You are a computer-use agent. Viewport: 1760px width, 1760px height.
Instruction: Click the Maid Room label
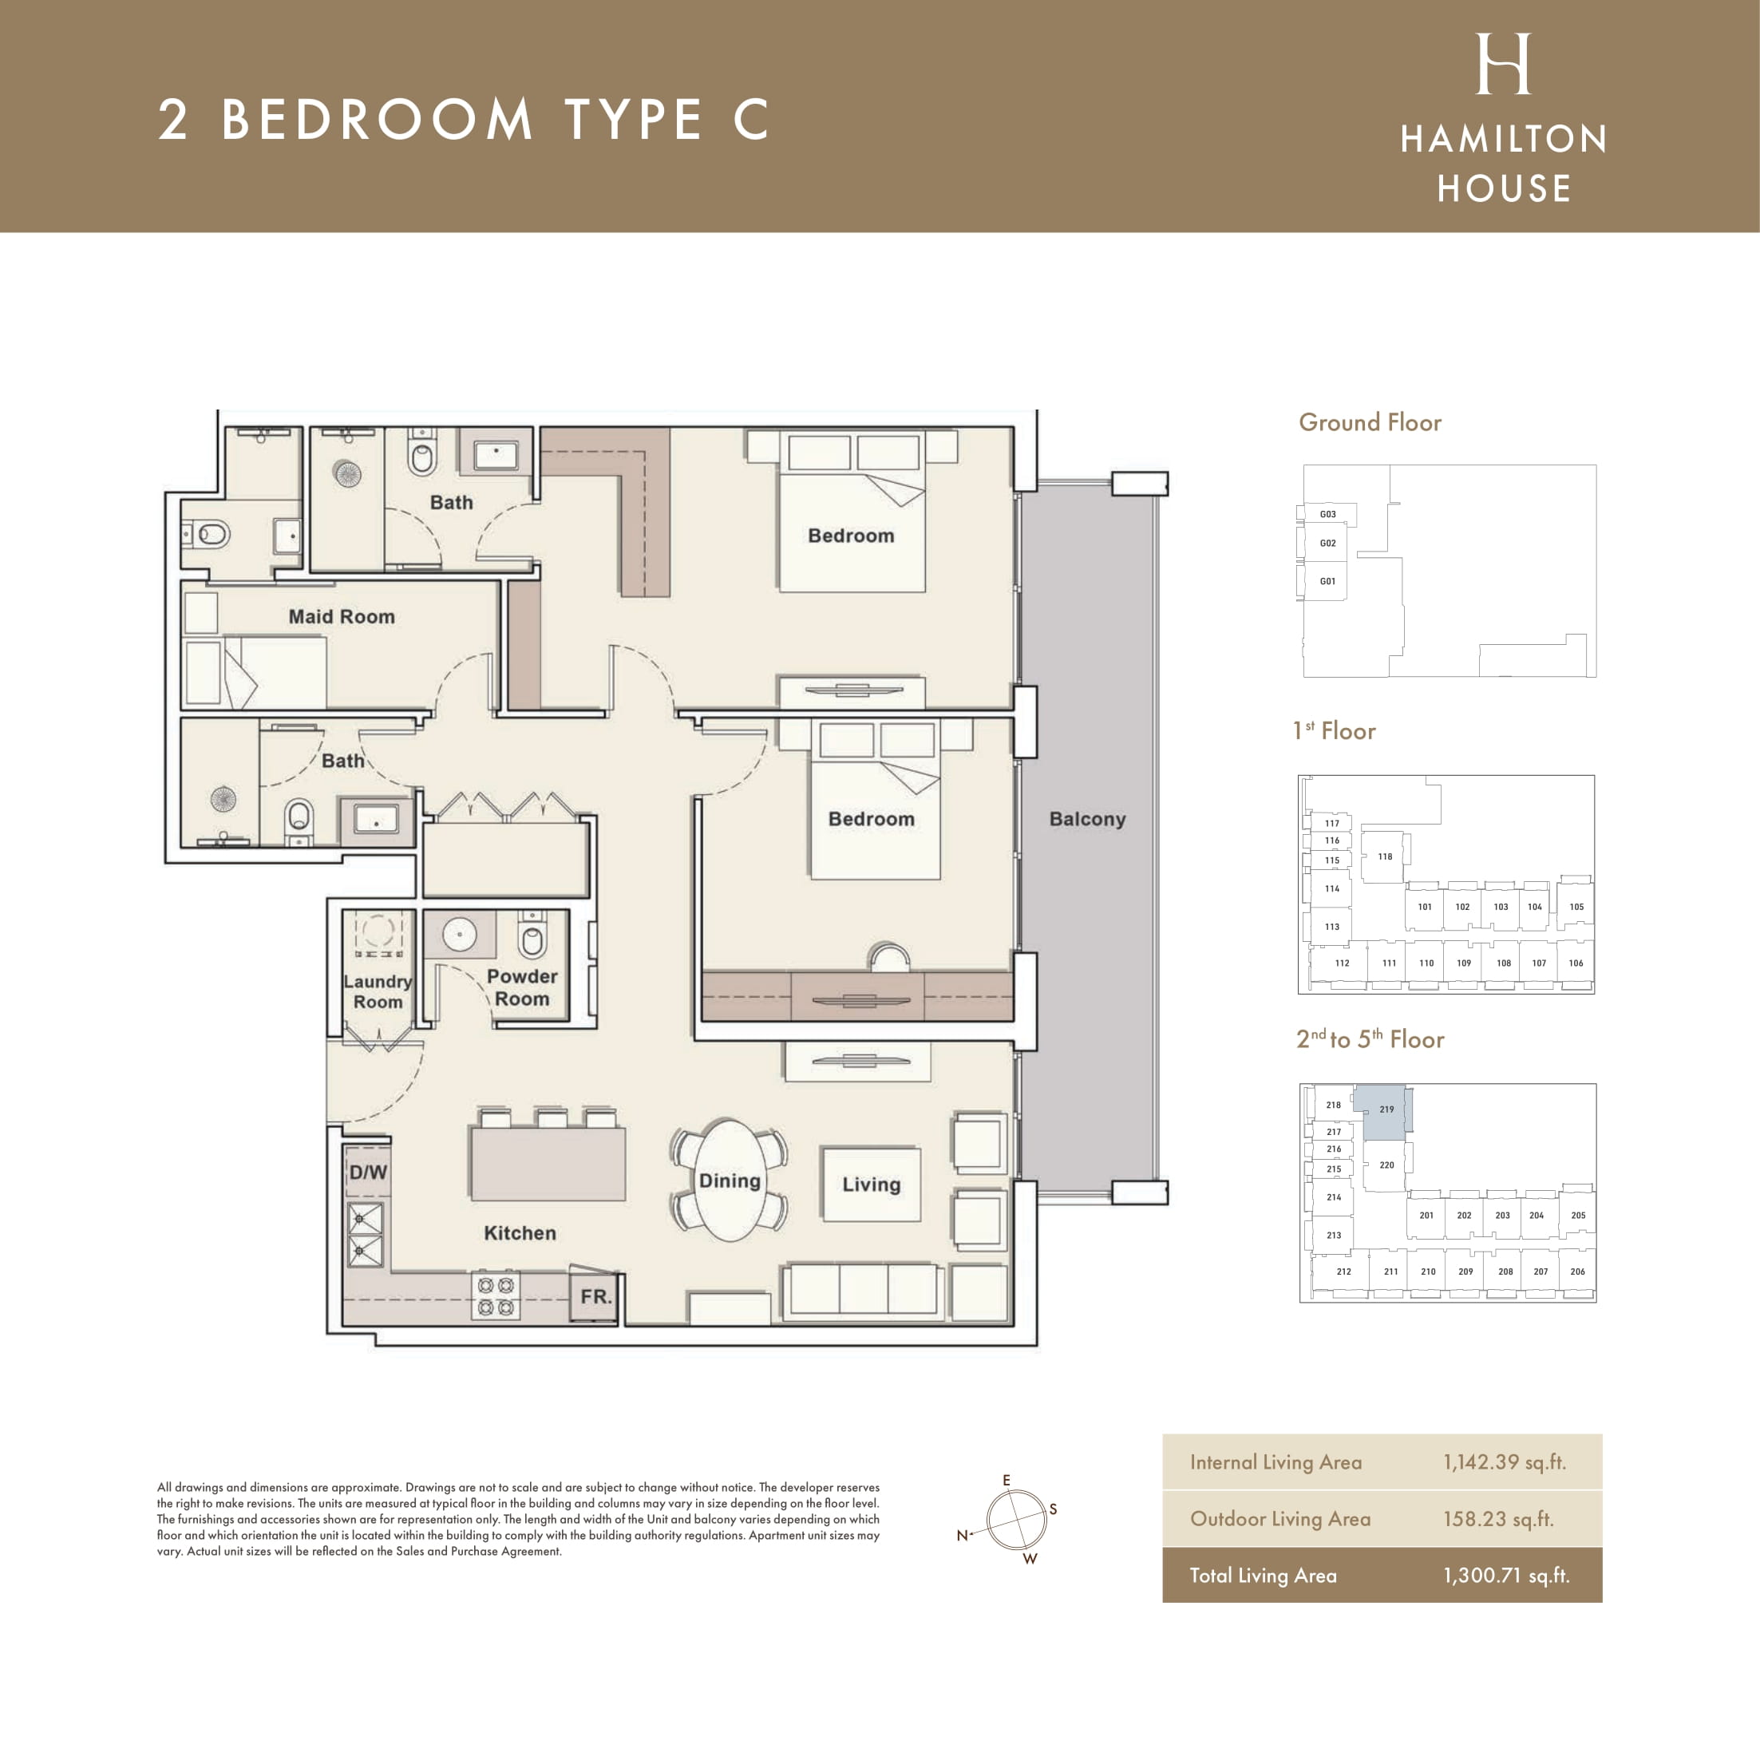(342, 617)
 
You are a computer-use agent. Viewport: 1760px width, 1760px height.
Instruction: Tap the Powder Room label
(522, 987)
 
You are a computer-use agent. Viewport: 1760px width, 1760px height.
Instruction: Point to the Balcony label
(1087, 819)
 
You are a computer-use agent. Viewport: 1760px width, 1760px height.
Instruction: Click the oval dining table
(729, 1180)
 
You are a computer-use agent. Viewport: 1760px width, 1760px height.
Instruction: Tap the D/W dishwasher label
(368, 1173)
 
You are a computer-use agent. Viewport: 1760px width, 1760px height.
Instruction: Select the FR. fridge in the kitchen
(595, 1295)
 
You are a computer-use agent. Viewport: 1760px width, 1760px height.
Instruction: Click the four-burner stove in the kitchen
(496, 1296)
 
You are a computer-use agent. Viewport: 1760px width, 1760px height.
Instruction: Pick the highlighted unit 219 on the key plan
(1384, 1111)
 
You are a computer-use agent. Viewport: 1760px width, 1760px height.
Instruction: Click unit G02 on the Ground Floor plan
(1328, 543)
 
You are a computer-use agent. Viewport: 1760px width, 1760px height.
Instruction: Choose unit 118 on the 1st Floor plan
(1385, 856)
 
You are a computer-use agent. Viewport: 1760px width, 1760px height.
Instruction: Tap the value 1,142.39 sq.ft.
(1504, 1462)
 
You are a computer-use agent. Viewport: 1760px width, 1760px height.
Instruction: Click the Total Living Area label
(1263, 1575)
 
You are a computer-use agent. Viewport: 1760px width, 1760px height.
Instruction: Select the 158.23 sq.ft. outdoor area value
(1498, 1519)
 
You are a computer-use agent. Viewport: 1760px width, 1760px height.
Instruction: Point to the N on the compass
(962, 1535)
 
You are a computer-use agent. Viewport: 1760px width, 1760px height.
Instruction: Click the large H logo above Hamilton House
(1503, 64)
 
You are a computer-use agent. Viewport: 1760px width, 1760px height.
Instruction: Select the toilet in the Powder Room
(532, 933)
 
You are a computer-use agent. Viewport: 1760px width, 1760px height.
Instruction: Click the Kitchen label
(520, 1233)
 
